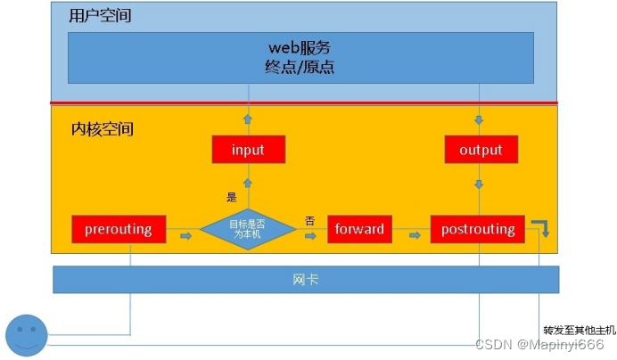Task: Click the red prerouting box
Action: (x=118, y=229)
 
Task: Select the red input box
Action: (x=248, y=150)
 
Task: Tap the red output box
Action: (x=481, y=150)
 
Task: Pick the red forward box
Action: (x=359, y=229)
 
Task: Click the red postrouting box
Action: (x=478, y=229)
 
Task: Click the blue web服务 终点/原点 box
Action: (x=301, y=58)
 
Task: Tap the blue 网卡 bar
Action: (x=305, y=280)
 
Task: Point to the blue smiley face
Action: (x=26, y=334)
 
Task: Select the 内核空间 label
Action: (x=102, y=129)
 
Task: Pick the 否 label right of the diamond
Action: (x=309, y=221)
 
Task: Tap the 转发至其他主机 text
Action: (x=572, y=330)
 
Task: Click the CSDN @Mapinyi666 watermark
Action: (x=539, y=345)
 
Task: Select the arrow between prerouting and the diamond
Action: (x=186, y=236)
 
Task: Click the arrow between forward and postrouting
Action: (x=415, y=236)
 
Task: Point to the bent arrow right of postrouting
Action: (x=540, y=227)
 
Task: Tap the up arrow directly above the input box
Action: (x=248, y=119)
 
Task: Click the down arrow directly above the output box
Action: (x=480, y=119)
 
